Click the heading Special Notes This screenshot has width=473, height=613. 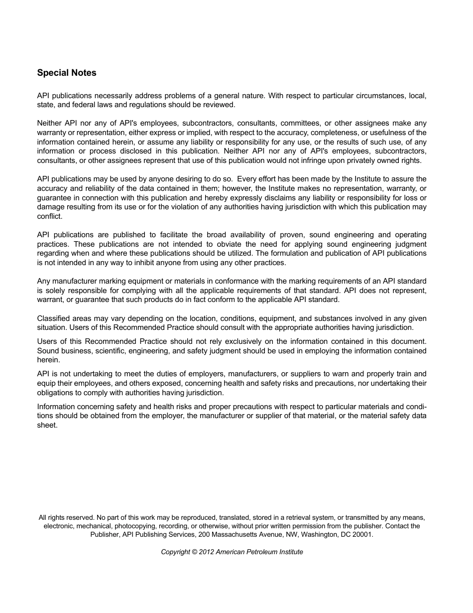click(x=67, y=73)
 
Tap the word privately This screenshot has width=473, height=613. click(x=365, y=160)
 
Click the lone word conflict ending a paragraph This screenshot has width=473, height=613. click(x=50, y=216)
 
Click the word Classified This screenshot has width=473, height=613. click(x=54, y=318)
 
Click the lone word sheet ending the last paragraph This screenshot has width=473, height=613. click(x=47, y=425)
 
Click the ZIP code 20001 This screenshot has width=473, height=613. click(x=362, y=534)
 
